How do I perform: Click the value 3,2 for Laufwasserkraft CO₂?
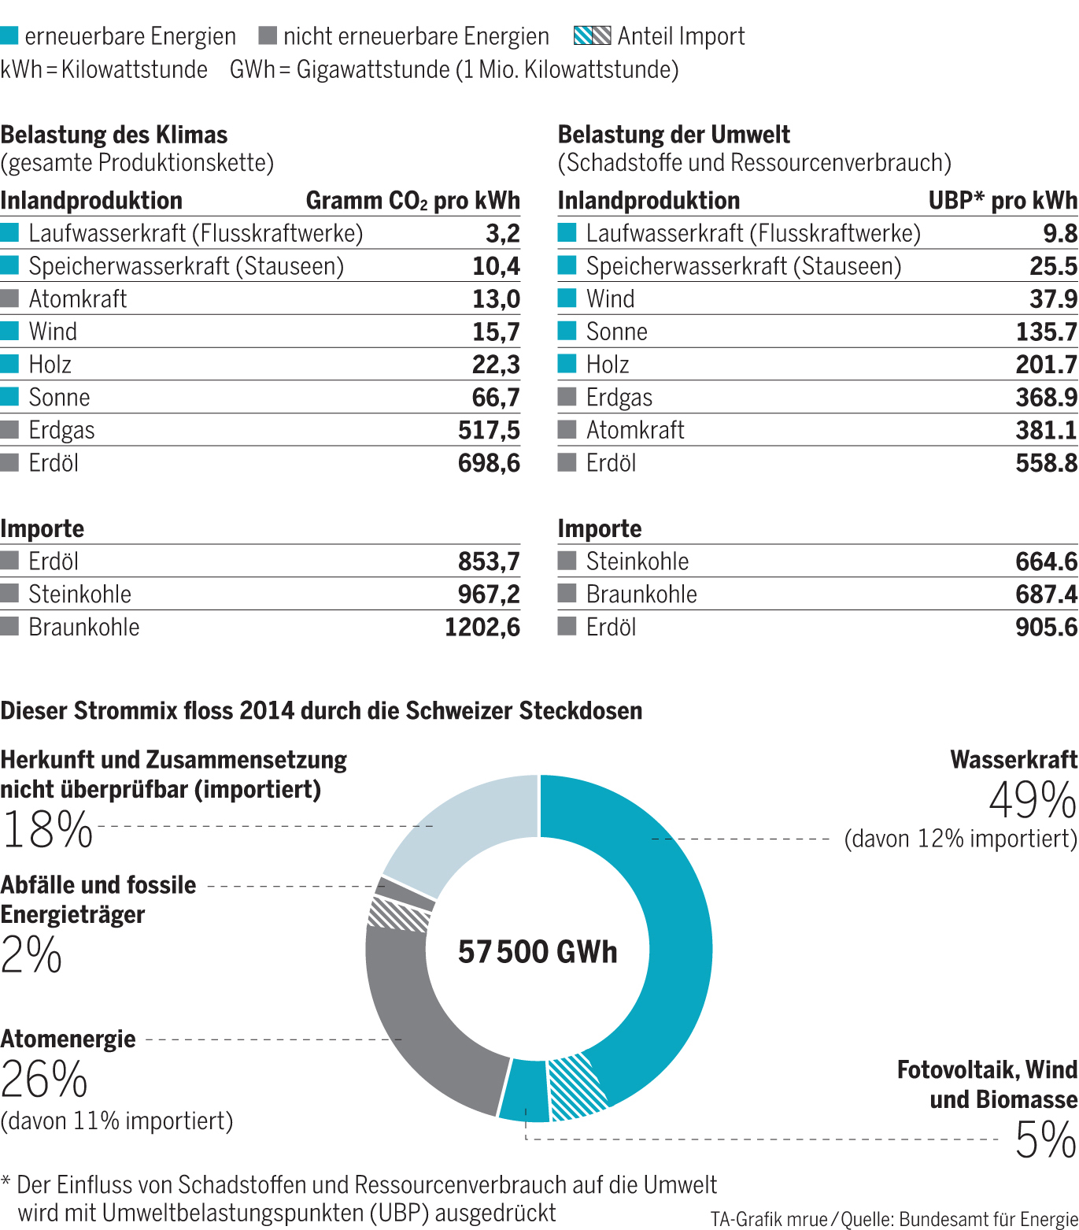click(x=502, y=234)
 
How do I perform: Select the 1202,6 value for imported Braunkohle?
click(x=482, y=628)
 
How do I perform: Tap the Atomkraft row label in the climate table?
click(x=77, y=299)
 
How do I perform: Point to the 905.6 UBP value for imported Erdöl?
click(x=1046, y=628)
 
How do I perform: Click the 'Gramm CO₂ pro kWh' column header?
click(x=412, y=201)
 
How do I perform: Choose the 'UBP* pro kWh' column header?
click(x=1002, y=201)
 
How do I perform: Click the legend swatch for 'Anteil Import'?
click(x=592, y=36)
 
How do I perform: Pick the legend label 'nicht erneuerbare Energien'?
click(x=416, y=36)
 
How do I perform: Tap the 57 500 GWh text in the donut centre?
click(x=538, y=952)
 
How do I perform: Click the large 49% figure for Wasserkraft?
click(x=1032, y=801)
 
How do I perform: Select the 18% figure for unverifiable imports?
click(x=47, y=830)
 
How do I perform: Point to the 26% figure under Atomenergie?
click(x=44, y=1080)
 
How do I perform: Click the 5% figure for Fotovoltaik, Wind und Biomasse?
click(x=1045, y=1139)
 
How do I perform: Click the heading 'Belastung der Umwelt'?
click(x=674, y=135)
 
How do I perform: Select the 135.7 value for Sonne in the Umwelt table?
click(x=1046, y=332)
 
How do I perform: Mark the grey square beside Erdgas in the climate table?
click(x=9, y=430)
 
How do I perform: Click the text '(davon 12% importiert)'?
click(x=960, y=839)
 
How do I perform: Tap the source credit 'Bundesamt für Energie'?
click(x=988, y=1219)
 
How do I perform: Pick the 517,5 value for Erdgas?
click(x=489, y=431)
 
